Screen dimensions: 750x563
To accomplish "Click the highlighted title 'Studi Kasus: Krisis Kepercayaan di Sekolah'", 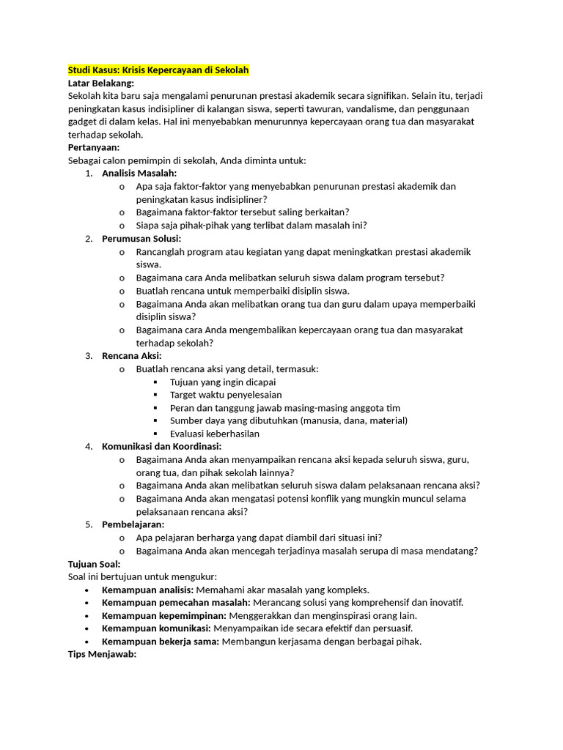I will [x=158, y=70].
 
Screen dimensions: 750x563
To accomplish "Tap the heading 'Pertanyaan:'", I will [x=93, y=147].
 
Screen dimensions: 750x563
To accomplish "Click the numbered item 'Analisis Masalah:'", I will [x=139, y=174].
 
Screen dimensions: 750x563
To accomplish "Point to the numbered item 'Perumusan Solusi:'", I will [x=141, y=239].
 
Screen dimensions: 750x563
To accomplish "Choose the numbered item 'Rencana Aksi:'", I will [x=132, y=356].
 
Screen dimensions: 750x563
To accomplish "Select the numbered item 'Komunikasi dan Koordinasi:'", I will [x=161, y=446].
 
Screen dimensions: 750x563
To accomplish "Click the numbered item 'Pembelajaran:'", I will [x=133, y=524].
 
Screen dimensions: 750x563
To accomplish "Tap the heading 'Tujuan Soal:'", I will [x=94, y=564].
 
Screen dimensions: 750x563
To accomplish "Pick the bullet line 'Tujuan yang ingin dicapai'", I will [x=223, y=382].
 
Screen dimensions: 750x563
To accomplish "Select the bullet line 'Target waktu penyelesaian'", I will [x=226, y=395].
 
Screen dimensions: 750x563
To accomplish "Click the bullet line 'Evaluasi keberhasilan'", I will [x=215, y=434].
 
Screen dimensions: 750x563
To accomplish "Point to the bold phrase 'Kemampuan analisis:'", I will [x=148, y=590].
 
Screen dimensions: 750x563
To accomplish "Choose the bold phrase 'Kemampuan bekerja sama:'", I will [x=161, y=642].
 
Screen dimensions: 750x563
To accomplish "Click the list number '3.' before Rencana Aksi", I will [x=89, y=356].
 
